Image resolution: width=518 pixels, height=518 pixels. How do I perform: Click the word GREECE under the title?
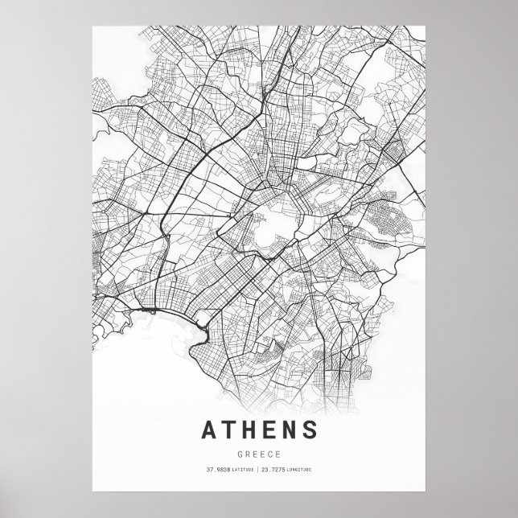click(x=258, y=452)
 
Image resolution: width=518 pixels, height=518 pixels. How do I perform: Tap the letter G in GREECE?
click(x=240, y=452)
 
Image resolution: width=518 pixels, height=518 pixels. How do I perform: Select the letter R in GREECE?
click(x=248, y=452)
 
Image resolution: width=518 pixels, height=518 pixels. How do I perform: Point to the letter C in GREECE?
click(x=269, y=452)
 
